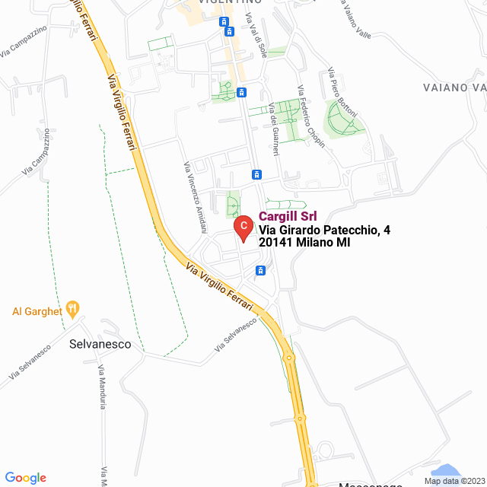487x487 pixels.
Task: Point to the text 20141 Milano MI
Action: (x=304, y=243)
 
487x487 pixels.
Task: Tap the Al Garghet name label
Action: (x=36, y=310)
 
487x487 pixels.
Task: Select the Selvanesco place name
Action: (x=100, y=344)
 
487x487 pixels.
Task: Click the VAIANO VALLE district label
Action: (x=454, y=88)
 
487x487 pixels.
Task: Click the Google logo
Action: (x=25, y=477)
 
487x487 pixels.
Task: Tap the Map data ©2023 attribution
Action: (x=454, y=481)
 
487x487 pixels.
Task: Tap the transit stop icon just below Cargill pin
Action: (x=261, y=270)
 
